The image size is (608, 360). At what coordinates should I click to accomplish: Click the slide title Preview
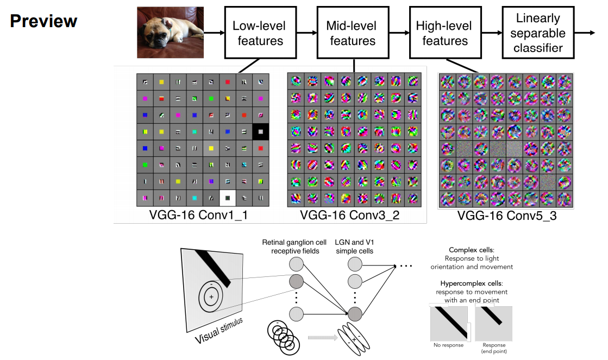(43, 21)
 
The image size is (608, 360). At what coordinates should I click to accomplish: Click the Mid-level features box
(352, 33)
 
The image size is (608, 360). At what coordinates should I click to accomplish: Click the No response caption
(449, 345)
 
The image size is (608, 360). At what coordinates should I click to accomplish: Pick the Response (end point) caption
(494, 348)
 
